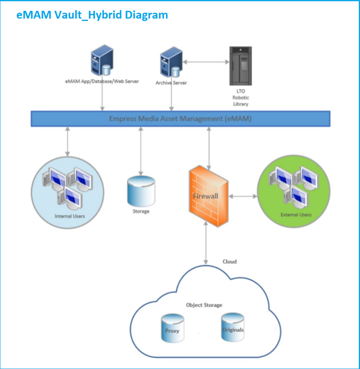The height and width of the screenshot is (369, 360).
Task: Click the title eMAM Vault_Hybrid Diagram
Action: (x=92, y=15)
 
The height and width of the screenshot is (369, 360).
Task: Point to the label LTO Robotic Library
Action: (x=241, y=98)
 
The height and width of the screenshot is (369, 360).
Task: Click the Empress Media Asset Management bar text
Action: (x=180, y=119)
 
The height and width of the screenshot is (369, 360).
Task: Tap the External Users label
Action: (x=296, y=215)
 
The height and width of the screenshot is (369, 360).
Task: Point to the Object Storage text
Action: (x=204, y=305)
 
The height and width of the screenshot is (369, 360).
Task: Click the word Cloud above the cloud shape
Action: (x=229, y=261)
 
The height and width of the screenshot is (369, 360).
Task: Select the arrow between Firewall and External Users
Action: (x=243, y=196)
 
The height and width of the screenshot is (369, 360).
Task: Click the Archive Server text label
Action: (x=171, y=83)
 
